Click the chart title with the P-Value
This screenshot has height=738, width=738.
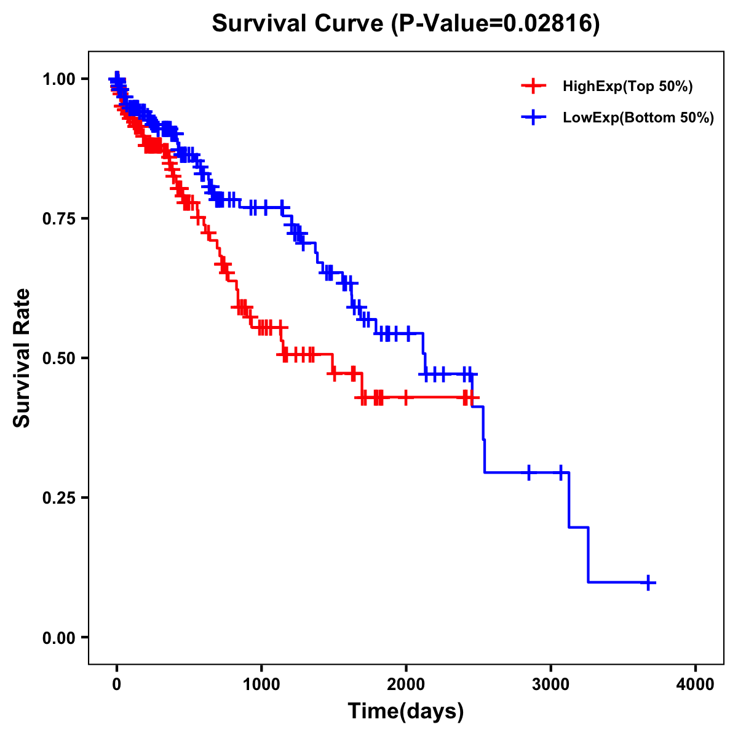pyautogui.click(x=405, y=23)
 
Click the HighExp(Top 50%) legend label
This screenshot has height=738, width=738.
pyautogui.click(x=627, y=87)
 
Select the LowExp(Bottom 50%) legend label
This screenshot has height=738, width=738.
pyautogui.click(x=638, y=118)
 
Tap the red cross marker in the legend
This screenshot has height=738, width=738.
pyautogui.click(x=533, y=86)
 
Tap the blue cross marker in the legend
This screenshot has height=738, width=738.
pyautogui.click(x=533, y=117)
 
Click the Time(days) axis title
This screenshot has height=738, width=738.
pyautogui.click(x=406, y=712)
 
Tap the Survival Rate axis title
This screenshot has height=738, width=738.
pyautogui.click(x=22, y=358)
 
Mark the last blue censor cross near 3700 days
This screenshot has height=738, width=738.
pyautogui.click(x=648, y=582)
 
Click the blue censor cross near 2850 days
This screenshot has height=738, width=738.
pyautogui.click(x=529, y=472)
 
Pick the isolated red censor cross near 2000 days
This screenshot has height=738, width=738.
pyautogui.click(x=405, y=397)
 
